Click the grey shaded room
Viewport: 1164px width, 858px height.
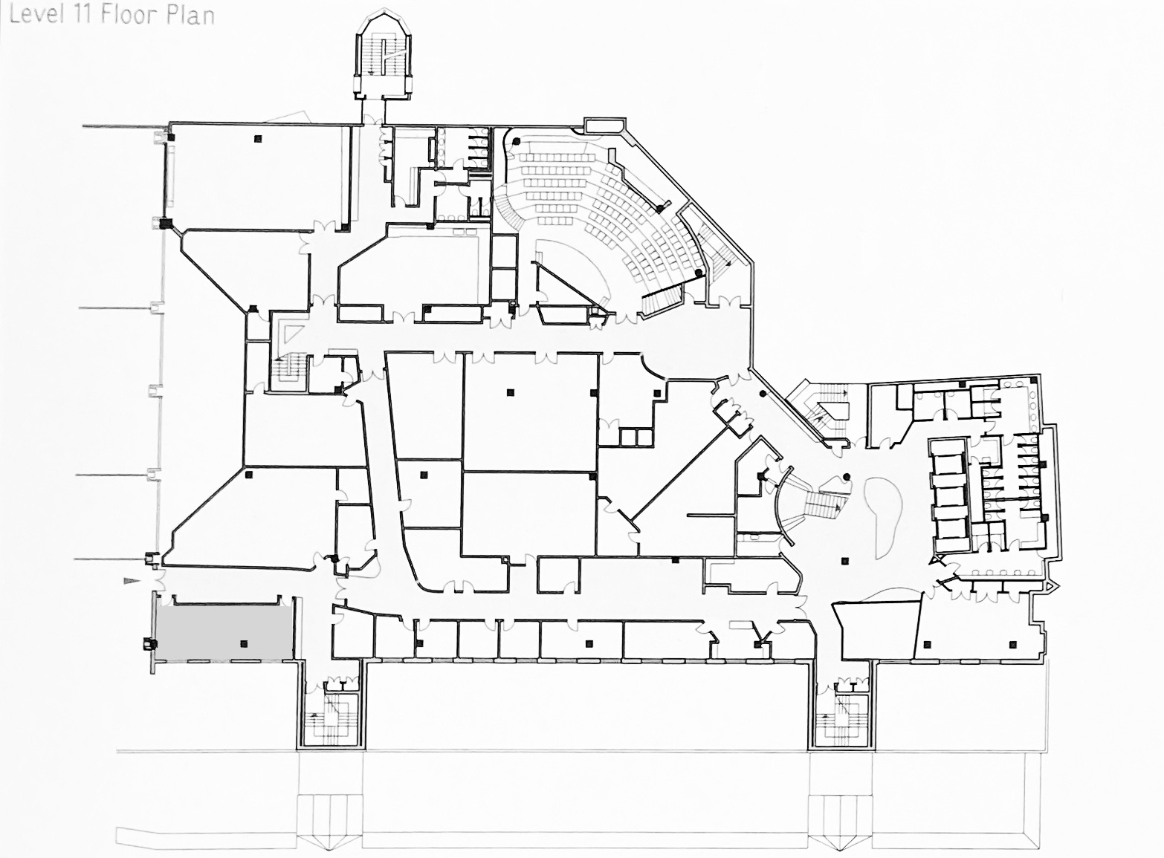coord(224,634)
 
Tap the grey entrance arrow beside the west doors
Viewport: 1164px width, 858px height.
coord(132,581)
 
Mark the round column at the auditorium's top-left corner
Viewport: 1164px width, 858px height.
coord(516,141)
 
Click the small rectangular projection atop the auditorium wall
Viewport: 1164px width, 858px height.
coord(604,125)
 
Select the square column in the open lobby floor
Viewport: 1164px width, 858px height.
coord(845,560)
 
